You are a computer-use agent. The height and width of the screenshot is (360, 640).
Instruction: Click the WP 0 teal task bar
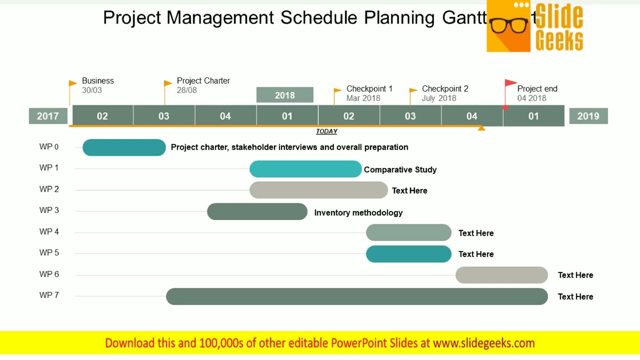click(124, 147)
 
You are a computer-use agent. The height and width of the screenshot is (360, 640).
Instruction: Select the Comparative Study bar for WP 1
click(305, 169)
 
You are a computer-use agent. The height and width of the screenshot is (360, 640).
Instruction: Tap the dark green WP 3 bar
click(257, 211)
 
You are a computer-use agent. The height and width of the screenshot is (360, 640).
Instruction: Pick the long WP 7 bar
click(356, 296)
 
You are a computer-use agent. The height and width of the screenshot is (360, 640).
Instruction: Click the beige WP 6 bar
click(501, 275)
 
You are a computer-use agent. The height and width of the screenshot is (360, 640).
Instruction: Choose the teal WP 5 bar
click(408, 254)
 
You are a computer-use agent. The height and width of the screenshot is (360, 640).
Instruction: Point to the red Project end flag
click(510, 83)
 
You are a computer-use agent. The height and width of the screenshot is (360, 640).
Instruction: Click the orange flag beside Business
click(72, 83)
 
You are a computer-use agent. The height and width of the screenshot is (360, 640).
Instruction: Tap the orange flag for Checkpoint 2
click(413, 91)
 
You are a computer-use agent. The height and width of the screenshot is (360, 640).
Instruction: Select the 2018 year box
click(284, 95)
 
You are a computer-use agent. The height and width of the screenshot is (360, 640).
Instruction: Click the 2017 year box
click(47, 116)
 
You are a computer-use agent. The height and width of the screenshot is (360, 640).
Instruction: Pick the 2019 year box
click(588, 116)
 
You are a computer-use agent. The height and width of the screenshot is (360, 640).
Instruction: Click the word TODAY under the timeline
click(326, 131)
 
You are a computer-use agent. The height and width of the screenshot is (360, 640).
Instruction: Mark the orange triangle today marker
click(481, 128)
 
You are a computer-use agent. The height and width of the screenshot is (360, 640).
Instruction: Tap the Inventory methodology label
click(358, 212)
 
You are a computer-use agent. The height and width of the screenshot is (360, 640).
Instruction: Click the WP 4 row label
click(49, 231)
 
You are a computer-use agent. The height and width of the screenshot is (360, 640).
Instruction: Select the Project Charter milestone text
click(203, 80)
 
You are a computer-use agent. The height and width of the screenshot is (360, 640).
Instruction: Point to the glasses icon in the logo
click(509, 24)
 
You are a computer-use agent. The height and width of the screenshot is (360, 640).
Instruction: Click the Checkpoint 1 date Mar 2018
click(363, 98)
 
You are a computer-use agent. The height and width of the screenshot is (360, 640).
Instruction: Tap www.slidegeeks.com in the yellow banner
click(483, 343)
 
